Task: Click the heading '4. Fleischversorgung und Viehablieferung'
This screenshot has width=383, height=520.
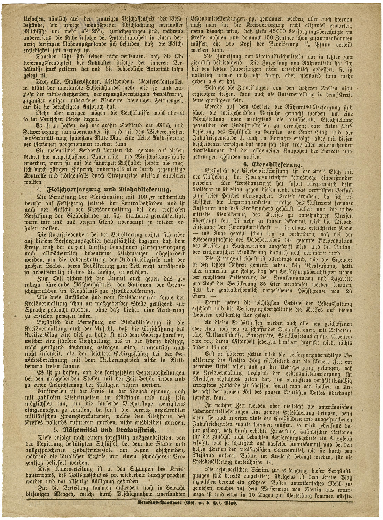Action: coord(104,190)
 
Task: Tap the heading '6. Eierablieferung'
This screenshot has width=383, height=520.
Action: coord(273,165)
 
